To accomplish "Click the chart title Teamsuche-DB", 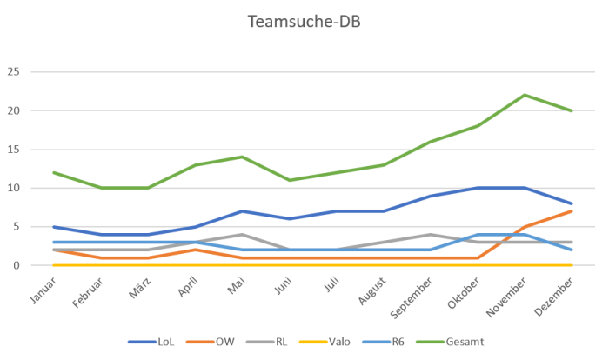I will (x=304, y=21).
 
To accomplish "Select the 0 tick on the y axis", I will (x=15, y=265).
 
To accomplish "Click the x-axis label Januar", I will (x=43, y=289).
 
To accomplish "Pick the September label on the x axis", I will (x=413, y=293).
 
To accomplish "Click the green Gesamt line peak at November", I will (x=525, y=95).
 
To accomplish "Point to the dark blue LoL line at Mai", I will (x=242, y=211).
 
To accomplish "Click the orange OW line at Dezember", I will (x=572, y=211).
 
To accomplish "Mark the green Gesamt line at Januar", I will (x=54, y=172).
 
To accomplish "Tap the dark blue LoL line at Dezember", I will (x=572, y=203).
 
